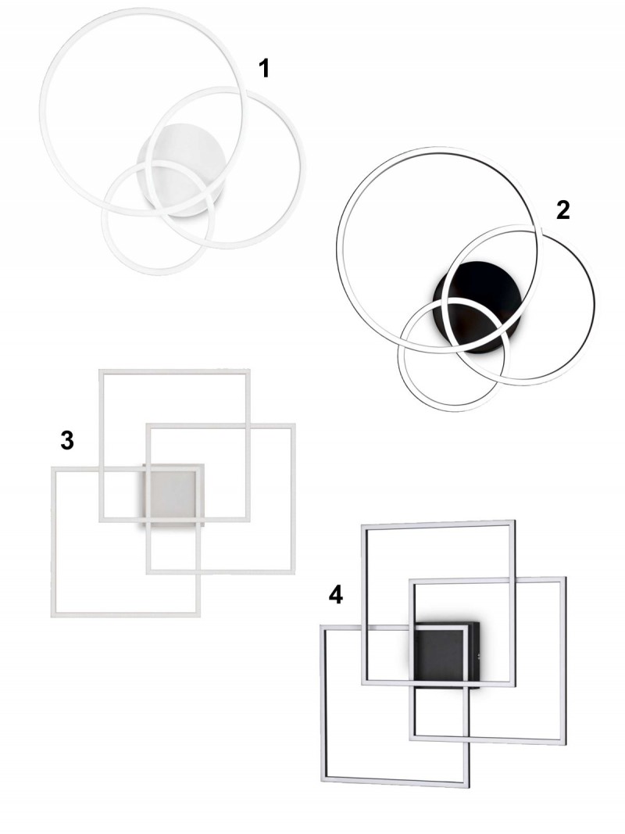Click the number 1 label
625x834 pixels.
click(x=264, y=69)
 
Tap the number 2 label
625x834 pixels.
click(x=562, y=210)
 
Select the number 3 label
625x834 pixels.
click(x=67, y=440)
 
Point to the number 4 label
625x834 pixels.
click(x=335, y=595)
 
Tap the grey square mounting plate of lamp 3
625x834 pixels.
click(x=173, y=495)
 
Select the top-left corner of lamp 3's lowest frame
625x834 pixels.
click(x=52, y=468)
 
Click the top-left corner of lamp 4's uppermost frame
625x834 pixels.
click(x=363, y=526)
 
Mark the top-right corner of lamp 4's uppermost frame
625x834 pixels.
click(x=515, y=522)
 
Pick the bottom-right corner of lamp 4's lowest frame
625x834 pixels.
click(x=469, y=786)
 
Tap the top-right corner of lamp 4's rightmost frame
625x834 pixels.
click(x=565, y=577)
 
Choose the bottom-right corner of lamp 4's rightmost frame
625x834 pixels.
click(x=566, y=743)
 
